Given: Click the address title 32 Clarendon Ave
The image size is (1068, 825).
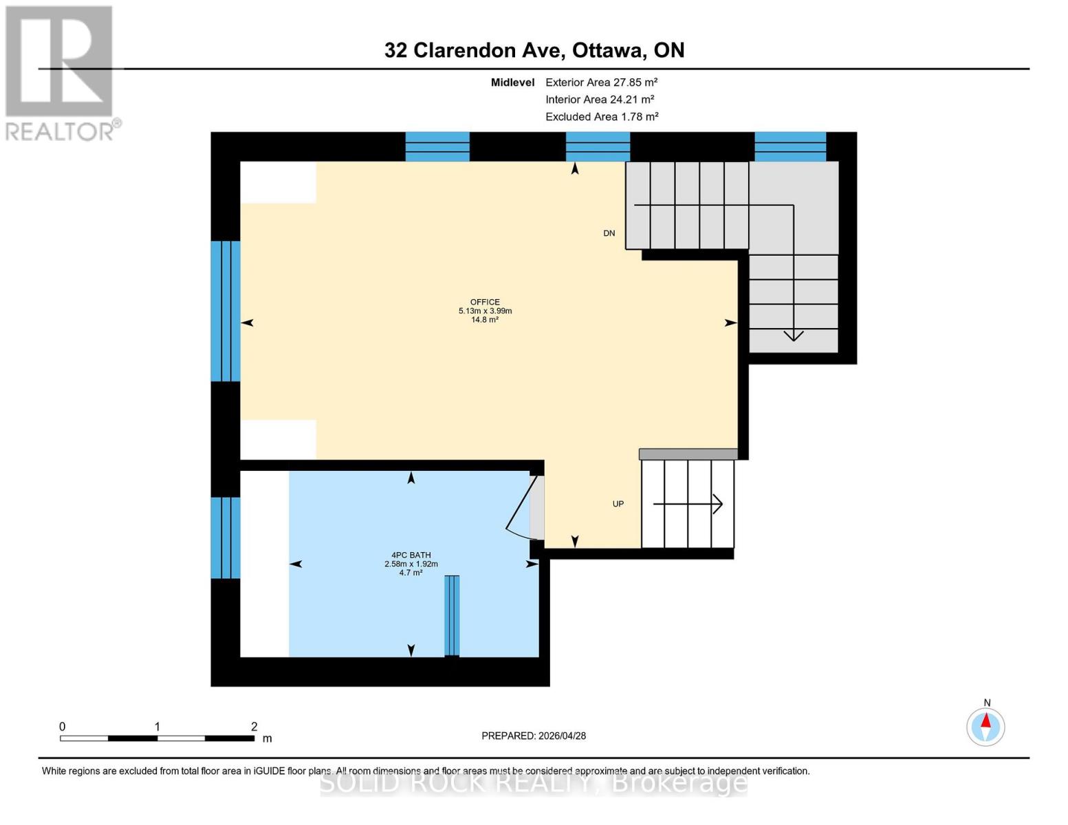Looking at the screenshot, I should [x=534, y=50].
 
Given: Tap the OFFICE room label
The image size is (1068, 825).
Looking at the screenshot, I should [x=485, y=302].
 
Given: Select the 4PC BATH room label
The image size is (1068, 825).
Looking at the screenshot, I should [x=411, y=555].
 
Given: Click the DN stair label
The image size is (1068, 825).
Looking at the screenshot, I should [x=609, y=234].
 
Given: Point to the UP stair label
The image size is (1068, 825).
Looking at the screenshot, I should [x=618, y=504].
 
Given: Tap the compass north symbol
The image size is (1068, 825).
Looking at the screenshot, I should [x=985, y=726].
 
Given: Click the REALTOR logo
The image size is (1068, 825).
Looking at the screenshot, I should [x=61, y=72].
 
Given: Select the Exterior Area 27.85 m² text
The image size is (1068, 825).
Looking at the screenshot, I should [x=601, y=82].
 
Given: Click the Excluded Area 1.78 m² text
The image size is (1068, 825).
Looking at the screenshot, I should [x=602, y=117].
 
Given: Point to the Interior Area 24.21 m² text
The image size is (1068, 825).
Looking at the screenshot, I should [x=599, y=100].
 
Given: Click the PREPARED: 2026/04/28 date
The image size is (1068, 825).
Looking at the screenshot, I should [x=534, y=736].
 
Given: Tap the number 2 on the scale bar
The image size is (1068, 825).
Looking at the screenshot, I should [x=254, y=727].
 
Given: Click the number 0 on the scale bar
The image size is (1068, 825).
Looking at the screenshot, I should [x=63, y=727].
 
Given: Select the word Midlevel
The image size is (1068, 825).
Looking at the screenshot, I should [x=512, y=82].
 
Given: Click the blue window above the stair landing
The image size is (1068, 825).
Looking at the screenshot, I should [x=789, y=146].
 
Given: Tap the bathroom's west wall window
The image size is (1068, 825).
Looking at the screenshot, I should [x=225, y=538].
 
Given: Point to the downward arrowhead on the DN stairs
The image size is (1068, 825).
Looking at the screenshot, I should [x=794, y=335].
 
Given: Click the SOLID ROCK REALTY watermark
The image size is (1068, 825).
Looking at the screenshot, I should [x=534, y=783].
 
